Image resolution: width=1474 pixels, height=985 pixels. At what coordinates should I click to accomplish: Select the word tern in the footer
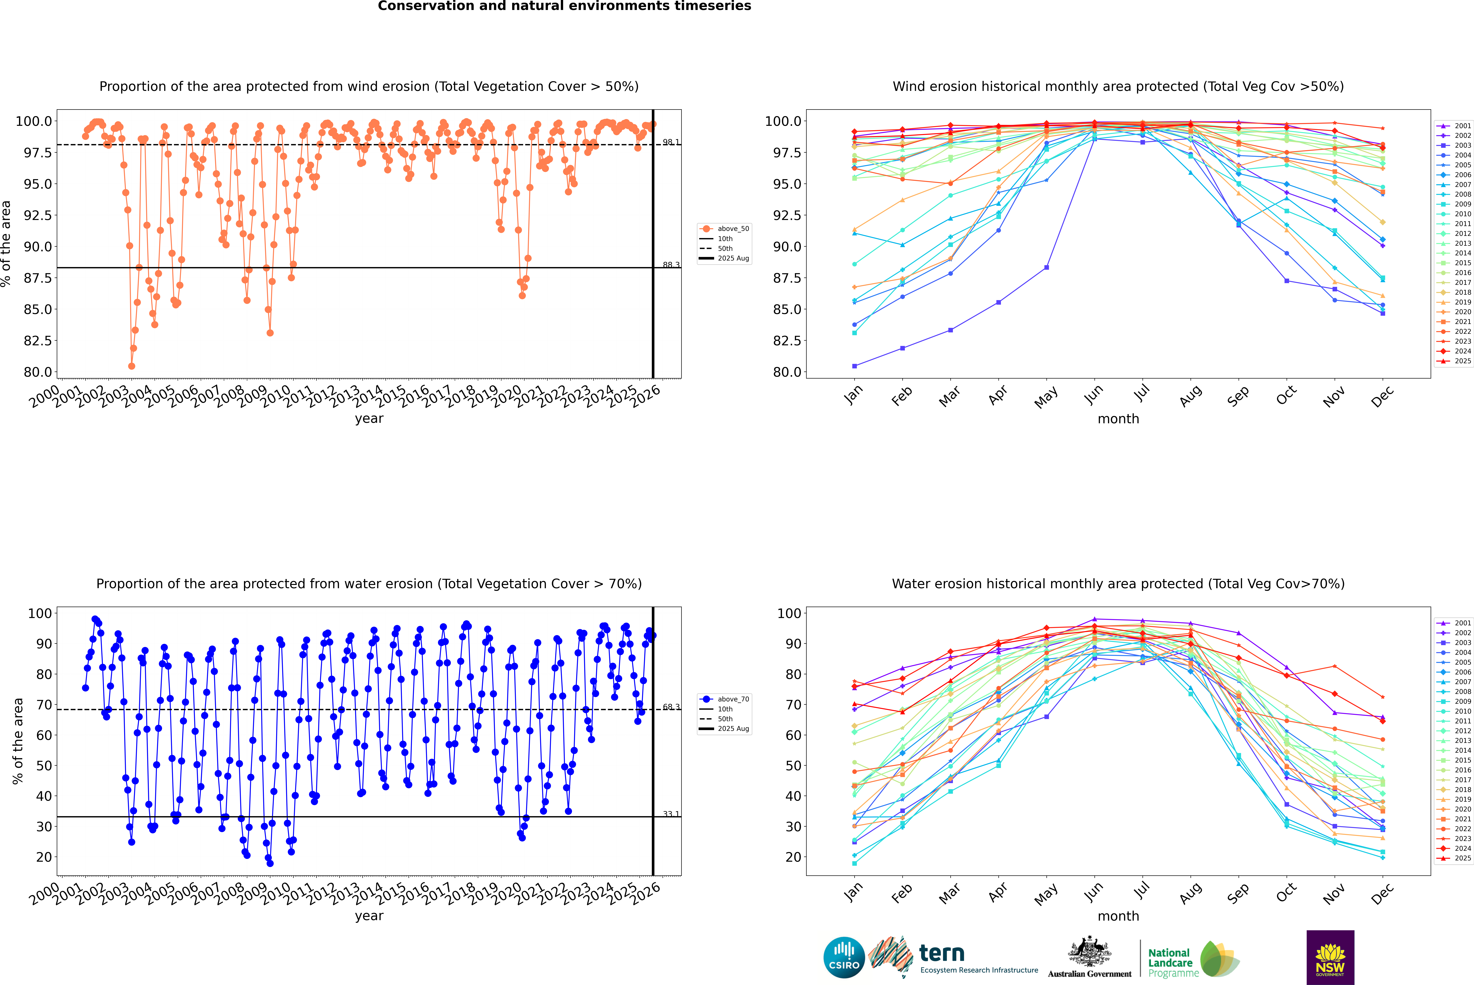(941, 953)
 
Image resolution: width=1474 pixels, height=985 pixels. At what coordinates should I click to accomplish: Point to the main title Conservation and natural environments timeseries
(564, 6)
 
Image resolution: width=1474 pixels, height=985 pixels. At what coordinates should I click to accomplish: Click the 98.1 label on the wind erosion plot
(671, 142)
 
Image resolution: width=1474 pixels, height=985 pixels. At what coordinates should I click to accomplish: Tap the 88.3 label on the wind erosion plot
(671, 265)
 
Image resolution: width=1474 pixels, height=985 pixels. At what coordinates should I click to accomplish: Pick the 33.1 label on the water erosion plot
(671, 814)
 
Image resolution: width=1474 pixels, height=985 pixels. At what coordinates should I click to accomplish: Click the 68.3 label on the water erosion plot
(671, 707)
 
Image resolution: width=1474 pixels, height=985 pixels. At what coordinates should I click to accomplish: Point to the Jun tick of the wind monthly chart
(1094, 394)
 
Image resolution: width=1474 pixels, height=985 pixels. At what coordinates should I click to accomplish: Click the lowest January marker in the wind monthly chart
(854, 366)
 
